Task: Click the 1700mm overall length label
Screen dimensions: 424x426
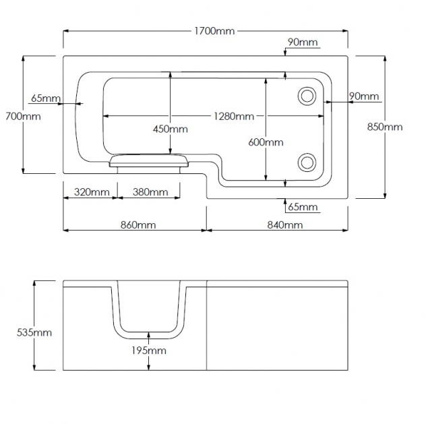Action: [x=215, y=31]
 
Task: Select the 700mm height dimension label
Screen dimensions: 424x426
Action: [x=22, y=116]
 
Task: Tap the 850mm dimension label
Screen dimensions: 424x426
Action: [x=386, y=127]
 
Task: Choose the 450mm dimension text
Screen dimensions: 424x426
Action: [x=170, y=129]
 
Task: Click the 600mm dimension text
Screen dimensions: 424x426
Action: [x=266, y=142]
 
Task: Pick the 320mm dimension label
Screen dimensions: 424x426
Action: [x=91, y=192]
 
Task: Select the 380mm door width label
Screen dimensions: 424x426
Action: [x=150, y=192]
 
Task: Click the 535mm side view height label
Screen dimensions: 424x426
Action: [x=33, y=332]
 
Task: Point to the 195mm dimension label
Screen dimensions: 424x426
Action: [x=148, y=351]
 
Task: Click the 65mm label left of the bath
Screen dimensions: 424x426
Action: [x=46, y=98]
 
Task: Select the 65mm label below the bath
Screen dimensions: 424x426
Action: [x=302, y=207]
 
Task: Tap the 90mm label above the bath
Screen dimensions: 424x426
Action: [x=302, y=42]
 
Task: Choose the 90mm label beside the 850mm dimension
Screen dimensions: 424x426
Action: [x=364, y=96]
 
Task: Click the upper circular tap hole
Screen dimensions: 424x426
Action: [x=307, y=95]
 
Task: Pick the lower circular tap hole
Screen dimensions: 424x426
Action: [x=307, y=161]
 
